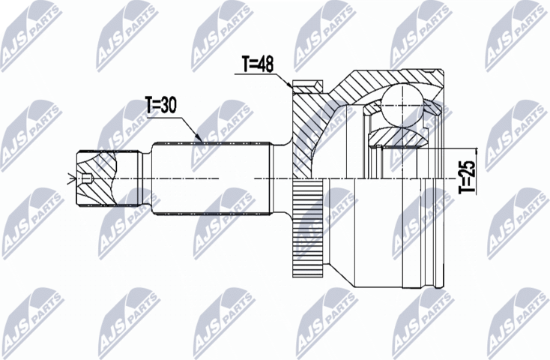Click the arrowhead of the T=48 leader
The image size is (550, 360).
291,88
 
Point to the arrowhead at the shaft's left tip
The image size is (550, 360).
70,178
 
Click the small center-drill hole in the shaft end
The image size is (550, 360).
88,178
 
